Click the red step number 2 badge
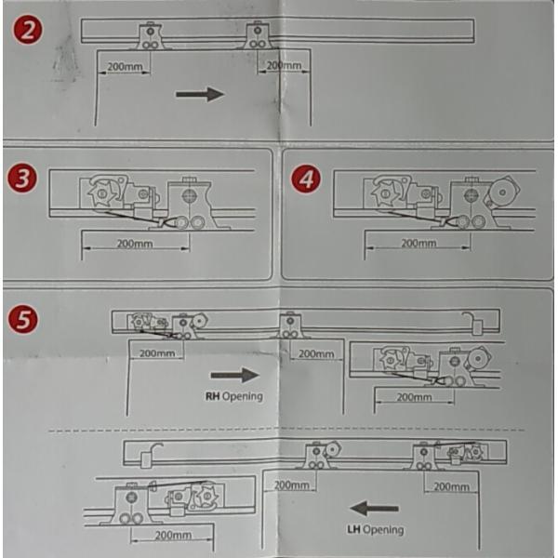click(x=28, y=30)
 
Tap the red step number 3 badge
click(x=22, y=178)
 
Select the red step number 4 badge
click(x=306, y=179)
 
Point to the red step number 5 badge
click(x=22, y=318)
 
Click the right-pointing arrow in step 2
click(x=200, y=94)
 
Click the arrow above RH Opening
click(x=235, y=375)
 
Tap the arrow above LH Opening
click(x=374, y=508)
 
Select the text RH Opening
click(x=234, y=396)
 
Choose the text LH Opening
click(x=376, y=529)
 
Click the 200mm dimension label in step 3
click(x=135, y=244)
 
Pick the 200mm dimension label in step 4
click(x=418, y=243)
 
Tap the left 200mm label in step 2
click(x=125, y=67)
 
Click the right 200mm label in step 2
click(x=284, y=65)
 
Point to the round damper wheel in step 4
click(x=503, y=193)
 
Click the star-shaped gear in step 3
click(x=102, y=193)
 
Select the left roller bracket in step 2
click(x=150, y=36)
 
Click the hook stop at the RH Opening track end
click(x=473, y=323)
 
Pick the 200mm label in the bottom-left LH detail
click(x=174, y=536)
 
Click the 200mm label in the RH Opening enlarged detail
click(x=414, y=397)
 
